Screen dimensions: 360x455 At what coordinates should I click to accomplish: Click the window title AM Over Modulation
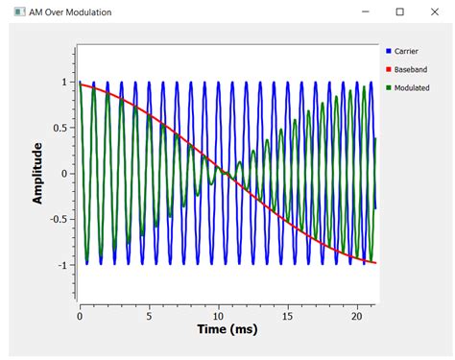[x=69, y=12]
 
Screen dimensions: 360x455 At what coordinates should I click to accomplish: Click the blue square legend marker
[x=388, y=50]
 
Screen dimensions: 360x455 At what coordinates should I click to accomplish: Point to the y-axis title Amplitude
[x=38, y=173]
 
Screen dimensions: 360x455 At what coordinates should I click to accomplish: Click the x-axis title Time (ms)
[x=222, y=329]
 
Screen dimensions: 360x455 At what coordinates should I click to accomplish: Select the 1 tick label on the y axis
[x=64, y=83]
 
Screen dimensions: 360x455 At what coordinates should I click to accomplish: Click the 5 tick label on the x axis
[x=149, y=314]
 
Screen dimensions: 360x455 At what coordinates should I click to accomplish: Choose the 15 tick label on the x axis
[x=287, y=314]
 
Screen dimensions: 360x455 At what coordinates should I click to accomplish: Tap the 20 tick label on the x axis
[x=356, y=314]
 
